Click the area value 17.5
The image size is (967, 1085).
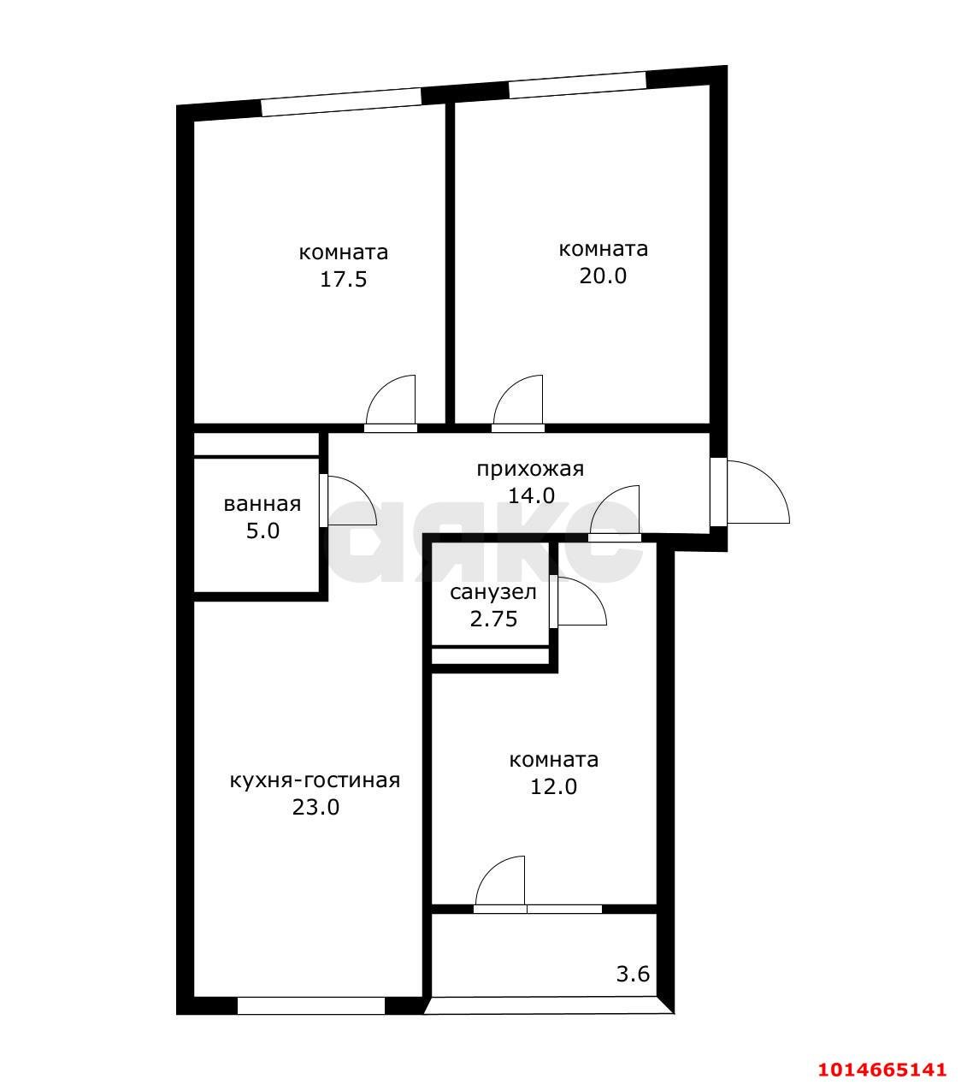[x=343, y=280]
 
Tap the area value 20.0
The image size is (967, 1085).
[x=603, y=276]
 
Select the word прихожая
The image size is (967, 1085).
[x=530, y=470]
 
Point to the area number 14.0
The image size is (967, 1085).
[x=531, y=496]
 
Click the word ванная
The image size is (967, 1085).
[x=262, y=504]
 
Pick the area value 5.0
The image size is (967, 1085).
[x=262, y=531]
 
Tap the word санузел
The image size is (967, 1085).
[x=492, y=592]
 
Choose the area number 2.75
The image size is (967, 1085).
[x=493, y=619]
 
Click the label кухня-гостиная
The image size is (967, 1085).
[x=315, y=780]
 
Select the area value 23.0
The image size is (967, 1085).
[x=315, y=807]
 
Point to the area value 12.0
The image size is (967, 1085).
[x=553, y=786]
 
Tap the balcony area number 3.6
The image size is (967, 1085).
[x=633, y=959]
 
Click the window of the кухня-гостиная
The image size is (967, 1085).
[x=311, y=1005]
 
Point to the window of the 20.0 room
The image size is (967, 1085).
[x=577, y=85]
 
